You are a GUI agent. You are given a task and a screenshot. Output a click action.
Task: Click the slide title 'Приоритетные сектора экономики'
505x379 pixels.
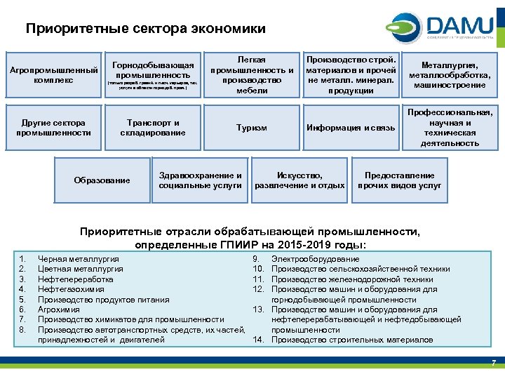coord(146,29)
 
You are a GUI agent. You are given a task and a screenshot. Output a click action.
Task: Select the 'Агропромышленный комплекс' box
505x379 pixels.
coord(53,75)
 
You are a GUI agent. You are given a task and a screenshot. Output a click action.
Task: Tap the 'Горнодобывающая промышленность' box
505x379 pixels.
coord(153,75)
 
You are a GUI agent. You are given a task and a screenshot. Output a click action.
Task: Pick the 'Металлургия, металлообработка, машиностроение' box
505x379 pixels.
coord(450,75)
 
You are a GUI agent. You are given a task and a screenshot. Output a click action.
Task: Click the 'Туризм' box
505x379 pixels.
coord(252,128)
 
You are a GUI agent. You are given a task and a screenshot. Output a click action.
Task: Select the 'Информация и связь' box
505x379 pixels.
coord(351,128)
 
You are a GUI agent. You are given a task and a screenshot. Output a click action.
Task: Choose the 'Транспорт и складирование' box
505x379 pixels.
coord(153,128)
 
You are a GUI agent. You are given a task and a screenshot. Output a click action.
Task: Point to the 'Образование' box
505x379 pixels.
coord(102,180)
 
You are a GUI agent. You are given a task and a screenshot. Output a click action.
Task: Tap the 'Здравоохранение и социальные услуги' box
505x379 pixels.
coord(201,180)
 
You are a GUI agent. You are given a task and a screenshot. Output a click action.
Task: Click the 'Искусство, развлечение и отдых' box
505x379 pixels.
coord(300,180)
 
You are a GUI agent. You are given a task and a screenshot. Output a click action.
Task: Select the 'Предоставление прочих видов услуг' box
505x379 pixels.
coord(400,180)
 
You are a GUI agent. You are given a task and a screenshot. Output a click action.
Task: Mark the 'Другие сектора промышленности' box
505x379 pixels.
coord(53,128)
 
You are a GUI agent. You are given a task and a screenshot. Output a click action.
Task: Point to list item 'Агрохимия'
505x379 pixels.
coord(58,310)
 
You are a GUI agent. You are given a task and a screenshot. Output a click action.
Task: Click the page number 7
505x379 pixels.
coord(493,362)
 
